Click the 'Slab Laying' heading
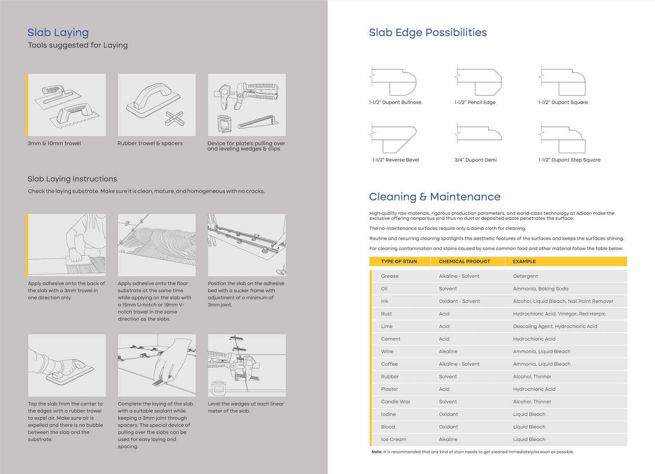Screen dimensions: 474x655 click(58, 32)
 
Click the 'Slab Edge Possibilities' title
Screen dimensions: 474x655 click(428, 32)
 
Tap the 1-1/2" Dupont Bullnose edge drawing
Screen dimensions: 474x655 click(393, 82)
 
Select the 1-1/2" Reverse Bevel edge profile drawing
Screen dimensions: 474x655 click(393, 139)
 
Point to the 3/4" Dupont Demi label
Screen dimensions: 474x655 click(475, 160)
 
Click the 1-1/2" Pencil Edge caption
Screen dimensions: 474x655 click(475, 102)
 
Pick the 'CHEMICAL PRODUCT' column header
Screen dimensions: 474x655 click(464, 261)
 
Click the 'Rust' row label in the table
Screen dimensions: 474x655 click(386, 314)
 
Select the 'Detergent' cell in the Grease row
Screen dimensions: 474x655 click(525, 276)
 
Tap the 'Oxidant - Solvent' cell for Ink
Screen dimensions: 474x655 click(459, 301)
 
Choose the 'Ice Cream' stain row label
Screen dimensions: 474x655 click(393, 439)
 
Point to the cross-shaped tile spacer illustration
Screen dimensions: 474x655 click(174, 118)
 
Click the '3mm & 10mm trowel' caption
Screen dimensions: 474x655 click(54, 143)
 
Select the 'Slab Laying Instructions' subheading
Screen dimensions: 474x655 click(72, 179)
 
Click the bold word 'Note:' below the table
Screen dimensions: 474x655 click(377, 452)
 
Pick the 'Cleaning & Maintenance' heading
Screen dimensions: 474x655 click(434, 197)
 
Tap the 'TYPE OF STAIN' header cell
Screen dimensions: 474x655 click(399, 261)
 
